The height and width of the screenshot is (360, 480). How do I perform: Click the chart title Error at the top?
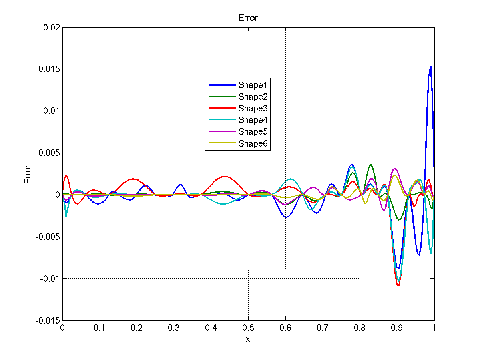coord(248,18)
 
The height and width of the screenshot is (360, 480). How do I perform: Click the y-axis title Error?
coord(28,174)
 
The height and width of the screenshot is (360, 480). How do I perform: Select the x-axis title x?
coord(248,339)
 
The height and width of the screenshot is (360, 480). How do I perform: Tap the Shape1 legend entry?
coord(254,85)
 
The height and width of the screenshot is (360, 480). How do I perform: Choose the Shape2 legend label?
coord(254,97)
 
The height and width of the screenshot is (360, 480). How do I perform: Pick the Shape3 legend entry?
coord(254,108)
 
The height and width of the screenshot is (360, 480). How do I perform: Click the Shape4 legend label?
coord(254,120)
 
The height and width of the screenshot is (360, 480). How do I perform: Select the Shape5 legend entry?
coord(254,132)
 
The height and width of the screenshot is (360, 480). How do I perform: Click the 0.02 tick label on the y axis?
coord(52,27)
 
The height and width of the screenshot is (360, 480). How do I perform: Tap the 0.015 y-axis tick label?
coord(49,69)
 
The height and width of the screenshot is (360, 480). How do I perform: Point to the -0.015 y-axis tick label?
coord(48,320)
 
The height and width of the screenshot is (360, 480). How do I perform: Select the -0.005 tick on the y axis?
coord(48,237)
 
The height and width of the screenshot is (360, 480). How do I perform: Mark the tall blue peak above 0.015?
coord(430,66)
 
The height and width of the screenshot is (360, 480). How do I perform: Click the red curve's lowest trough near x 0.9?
coord(398,285)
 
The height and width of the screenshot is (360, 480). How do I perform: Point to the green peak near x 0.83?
coord(371,164)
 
